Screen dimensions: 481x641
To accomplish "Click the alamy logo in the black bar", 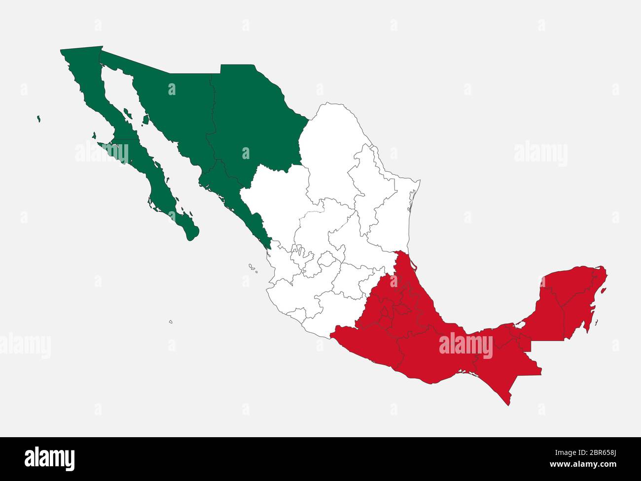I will [x=49, y=458].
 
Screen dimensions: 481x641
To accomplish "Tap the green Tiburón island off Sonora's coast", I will [x=146, y=120].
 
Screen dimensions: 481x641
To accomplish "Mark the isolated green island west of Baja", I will [x=38, y=119].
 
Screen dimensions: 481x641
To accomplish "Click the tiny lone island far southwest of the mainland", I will [x=171, y=322].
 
